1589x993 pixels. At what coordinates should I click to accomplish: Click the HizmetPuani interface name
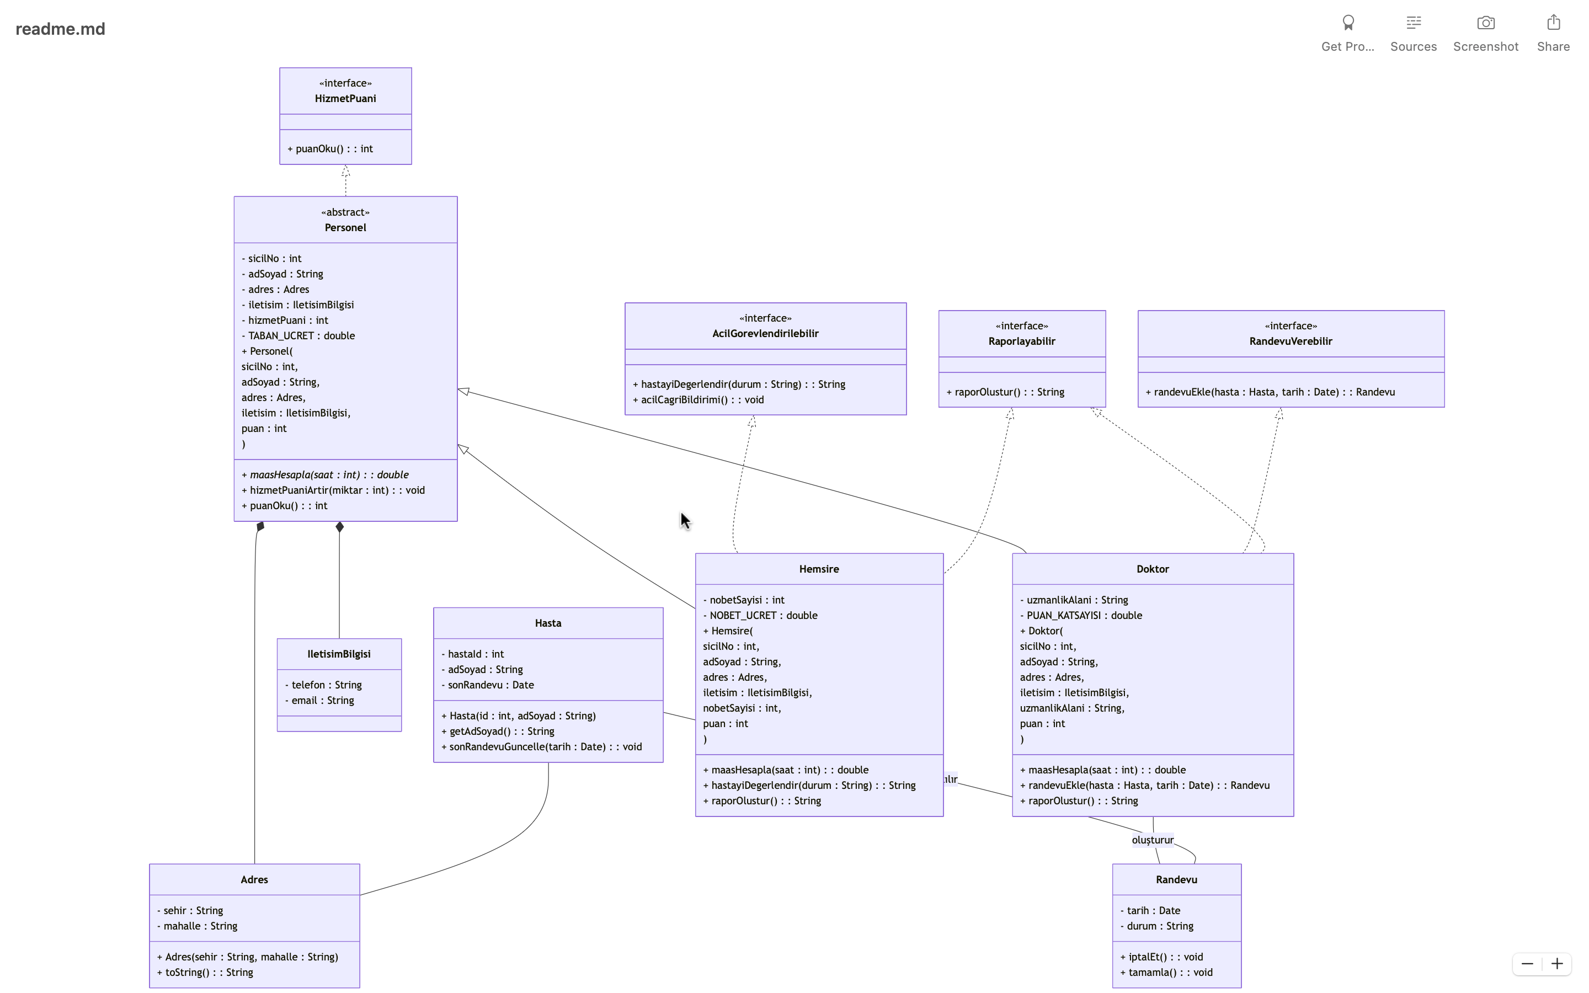pyautogui.click(x=345, y=99)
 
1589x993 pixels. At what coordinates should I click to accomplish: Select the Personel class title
pyautogui.click(x=345, y=228)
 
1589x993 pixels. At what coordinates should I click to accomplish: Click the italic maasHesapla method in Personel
pyautogui.click(x=325, y=475)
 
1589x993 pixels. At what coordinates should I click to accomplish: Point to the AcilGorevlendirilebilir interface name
pyautogui.click(x=766, y=334)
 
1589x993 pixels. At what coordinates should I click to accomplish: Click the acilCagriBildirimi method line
pyautogui.click(x=698, y=400)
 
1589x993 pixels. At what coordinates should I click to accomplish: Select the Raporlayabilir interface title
pyautogui.click(x=1022, y=341)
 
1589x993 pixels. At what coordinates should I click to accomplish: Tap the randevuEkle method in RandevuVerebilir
pyautogui.click(x=1271, y=392)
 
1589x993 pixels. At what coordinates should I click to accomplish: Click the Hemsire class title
pyautogui.click(x=819, y=569)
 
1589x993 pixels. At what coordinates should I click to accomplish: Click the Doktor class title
pyautogui.click(x=1153, y=569)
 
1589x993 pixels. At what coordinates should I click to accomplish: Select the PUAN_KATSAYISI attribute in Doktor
pyautogui.click(x=1081, y=615)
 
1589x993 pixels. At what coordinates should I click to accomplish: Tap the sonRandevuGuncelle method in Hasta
pyautogui.click(x=542, y=747)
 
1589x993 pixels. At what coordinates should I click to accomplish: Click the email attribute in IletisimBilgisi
pyautogui.click(x=320, y=701)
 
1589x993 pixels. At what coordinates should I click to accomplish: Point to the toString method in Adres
pyautogui.click(x=205, y=973)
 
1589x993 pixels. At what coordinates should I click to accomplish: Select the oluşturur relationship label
pyautogui.click(x=1153, y=840)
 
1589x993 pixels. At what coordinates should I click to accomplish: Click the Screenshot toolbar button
pyautogui.click(x=1485, y=33)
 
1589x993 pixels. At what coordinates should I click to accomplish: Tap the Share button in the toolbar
pyautogui.click(x=1553, y=33)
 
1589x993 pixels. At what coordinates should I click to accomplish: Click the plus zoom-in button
pyautogui.click(x=1557, y=963)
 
